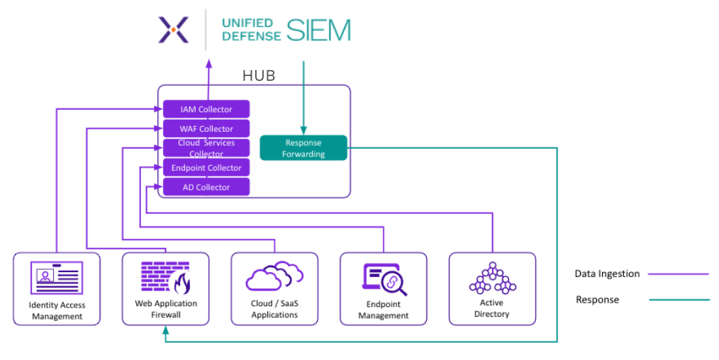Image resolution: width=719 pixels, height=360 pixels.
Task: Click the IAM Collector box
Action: pos(206,109)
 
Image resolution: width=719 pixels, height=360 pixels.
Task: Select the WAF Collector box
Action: pos(206,128)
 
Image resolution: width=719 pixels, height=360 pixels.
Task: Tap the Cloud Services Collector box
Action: pos(206,148)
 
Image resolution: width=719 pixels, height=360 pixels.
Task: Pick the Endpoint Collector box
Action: pos(206,168)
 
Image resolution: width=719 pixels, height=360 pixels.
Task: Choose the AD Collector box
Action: pos(206,187)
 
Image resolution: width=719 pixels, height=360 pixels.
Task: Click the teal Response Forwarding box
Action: pos(303,147)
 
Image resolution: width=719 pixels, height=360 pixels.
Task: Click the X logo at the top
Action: pos(174,30)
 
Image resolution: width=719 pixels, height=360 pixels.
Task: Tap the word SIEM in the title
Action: pos(318,30)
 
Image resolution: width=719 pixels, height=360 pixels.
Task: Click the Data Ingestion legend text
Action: pos(607,274)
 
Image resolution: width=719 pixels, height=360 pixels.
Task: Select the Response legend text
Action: pos(597,300)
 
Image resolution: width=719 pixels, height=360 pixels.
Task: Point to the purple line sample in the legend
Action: pos(679,274)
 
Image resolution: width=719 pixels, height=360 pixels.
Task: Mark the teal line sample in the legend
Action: pos(679,300)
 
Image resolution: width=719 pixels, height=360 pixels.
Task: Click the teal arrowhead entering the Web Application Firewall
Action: pos(165,330)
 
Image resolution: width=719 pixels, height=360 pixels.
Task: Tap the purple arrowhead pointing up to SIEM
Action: pos(208,63)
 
